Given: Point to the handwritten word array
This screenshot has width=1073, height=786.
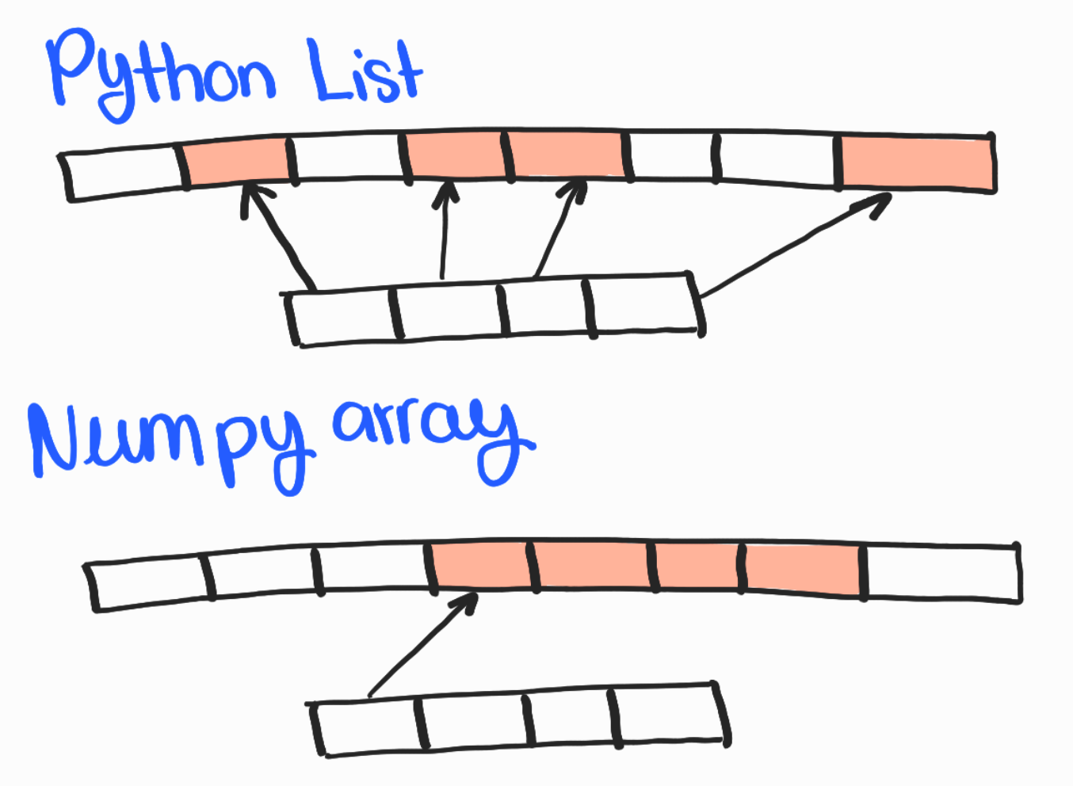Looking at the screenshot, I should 428,432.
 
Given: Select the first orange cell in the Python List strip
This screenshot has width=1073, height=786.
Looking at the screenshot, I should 236,162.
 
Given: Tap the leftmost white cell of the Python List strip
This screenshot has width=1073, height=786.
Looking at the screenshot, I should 123,173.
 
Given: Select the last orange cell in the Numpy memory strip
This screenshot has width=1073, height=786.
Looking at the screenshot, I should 804,569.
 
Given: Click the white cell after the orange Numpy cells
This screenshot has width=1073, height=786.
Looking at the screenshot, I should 941,571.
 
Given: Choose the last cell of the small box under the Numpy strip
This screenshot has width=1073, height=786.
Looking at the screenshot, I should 670,715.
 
